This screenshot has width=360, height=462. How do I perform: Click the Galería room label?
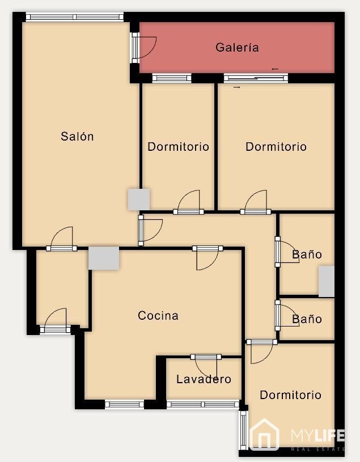point(237,47)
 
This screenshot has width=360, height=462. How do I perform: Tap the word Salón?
point(77,136)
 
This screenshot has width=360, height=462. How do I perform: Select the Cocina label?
point(158,316)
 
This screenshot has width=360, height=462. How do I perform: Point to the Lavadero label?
point(204,379)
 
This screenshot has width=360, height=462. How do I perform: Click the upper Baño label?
point(307,255)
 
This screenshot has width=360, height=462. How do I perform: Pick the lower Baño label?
point(307,319)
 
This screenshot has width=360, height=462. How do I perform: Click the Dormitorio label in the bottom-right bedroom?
point(290,395)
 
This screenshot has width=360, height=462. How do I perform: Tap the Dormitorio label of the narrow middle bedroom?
point(178,146)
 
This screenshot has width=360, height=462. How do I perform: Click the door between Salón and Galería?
point(144,48)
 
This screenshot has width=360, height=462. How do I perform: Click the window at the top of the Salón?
point(75,17)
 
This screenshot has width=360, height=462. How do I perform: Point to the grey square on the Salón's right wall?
point(139,200)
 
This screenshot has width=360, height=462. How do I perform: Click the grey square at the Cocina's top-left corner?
point(104,258)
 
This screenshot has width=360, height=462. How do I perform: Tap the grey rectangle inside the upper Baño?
point(327,281)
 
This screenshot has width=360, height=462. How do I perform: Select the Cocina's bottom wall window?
point(124,404)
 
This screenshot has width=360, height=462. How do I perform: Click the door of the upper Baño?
point(287,252)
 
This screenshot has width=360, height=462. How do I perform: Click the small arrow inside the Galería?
point(275,69)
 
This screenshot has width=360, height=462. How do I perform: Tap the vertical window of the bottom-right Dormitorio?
point(243,430)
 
